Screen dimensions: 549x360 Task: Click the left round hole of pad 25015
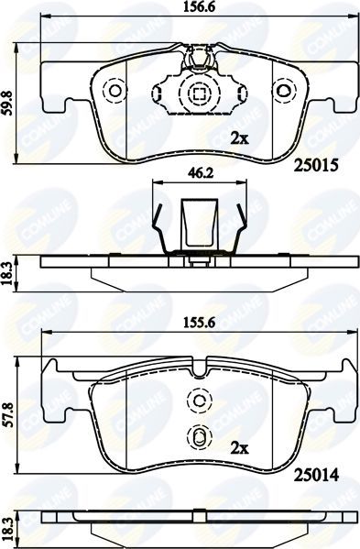115,93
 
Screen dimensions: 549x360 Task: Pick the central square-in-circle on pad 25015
199,93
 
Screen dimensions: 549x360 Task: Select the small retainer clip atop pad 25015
199,60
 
